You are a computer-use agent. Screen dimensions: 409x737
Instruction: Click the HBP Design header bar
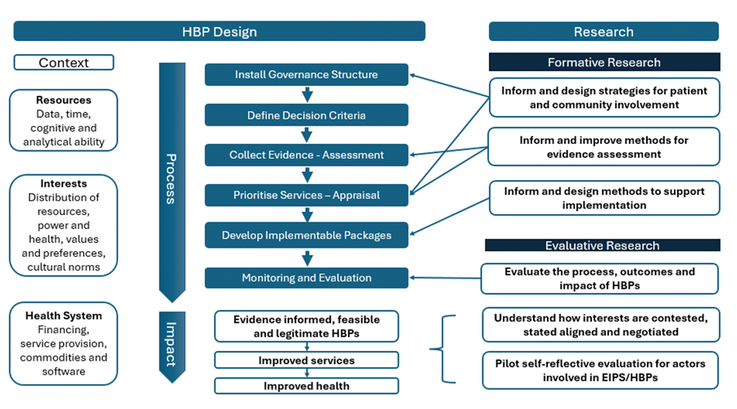point(219,32)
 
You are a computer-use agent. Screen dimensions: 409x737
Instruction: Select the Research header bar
point(604,32)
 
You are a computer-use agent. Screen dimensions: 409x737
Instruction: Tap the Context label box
point(64,62)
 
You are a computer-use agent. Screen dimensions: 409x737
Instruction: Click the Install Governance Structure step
point(306,74)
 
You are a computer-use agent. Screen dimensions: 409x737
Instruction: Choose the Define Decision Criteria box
point(306,115)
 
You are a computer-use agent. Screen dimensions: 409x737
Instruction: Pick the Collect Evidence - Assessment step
point(306,155)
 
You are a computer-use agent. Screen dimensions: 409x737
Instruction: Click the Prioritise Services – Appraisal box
point(306,196)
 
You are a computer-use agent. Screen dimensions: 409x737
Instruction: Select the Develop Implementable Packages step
point(306,236)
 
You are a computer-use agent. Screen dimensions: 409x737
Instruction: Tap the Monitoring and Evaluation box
point(306,278)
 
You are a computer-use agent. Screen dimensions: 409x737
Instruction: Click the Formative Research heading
point(604,62)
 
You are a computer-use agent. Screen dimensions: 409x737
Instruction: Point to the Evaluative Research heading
point(603,245)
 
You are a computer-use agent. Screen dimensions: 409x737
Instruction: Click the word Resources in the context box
point(64,100)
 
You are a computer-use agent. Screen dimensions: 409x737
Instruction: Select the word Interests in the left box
point(64,184)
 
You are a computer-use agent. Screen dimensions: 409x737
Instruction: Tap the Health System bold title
point(64,316)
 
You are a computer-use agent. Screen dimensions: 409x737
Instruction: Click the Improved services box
point(306,361)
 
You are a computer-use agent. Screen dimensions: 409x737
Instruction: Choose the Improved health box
point(306,386)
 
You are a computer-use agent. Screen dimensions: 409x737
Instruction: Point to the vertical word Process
point(171,178)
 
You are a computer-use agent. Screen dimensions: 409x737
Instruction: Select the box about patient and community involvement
point(604,97)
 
